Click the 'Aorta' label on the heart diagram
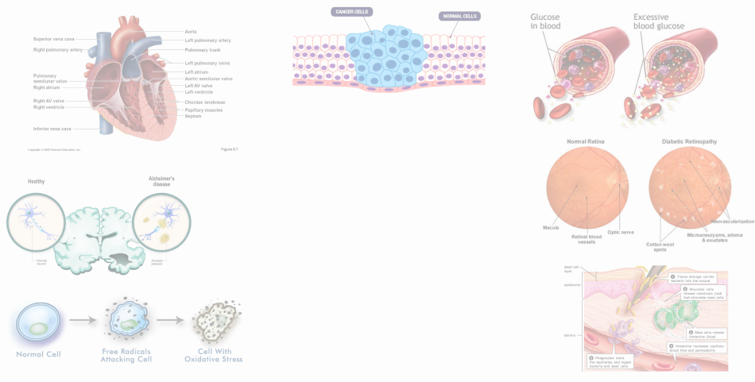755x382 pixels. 191,32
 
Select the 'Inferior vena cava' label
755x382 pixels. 52,129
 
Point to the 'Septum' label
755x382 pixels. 193,116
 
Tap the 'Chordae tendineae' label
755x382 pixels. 205,102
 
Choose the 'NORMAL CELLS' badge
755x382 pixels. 459,16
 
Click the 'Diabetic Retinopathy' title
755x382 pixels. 689,141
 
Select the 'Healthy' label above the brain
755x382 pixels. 36,181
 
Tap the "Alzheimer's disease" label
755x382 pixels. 162,181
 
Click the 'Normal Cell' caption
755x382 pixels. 38,353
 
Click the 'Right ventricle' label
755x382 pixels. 49,107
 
